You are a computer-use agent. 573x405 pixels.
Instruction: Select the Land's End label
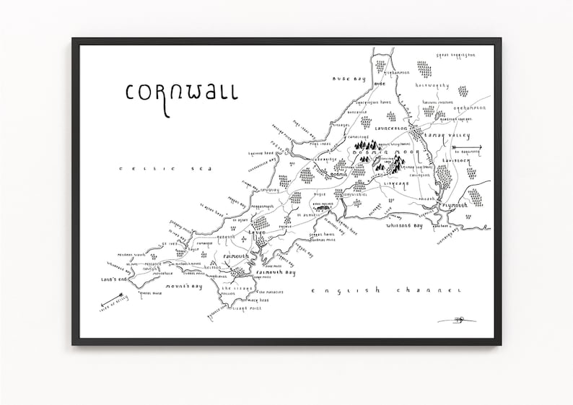[115, 279]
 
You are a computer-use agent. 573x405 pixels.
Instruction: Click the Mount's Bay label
[183, 287]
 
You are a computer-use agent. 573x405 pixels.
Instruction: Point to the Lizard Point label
[246, 308]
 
